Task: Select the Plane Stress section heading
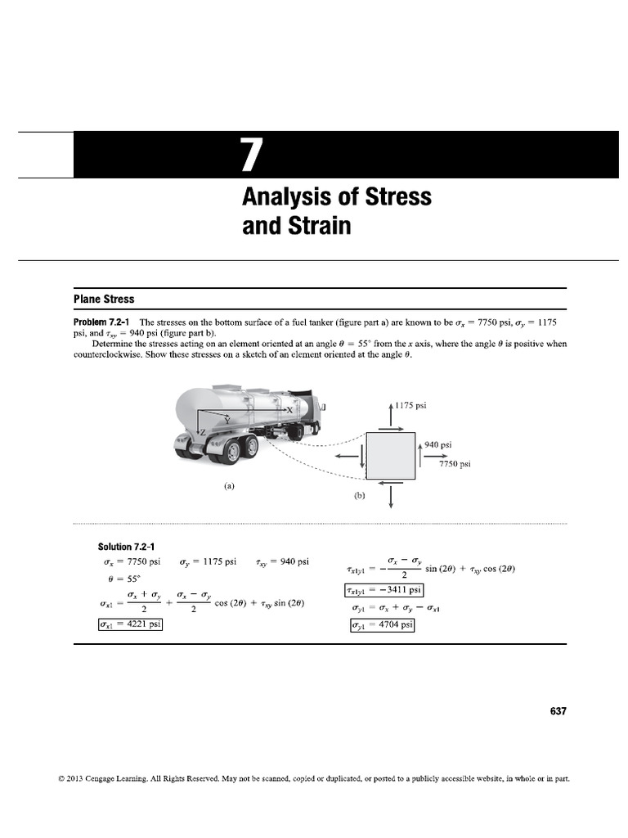coord(104,300)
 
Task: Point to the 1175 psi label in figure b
coord(410,405)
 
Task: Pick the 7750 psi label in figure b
coord(455,464)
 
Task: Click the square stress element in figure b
coord(391,456)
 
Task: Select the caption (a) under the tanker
coord(229,485)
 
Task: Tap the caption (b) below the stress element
coord(359,495)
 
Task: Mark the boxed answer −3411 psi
coord(384,590)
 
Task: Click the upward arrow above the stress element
coord(391,412)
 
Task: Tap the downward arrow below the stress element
coord(391,496)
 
